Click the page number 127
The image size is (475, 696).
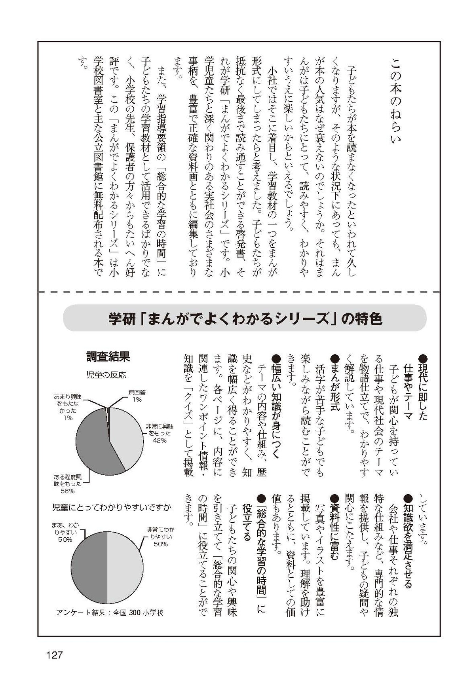[x=54, y=655]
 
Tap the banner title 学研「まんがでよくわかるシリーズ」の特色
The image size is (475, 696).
[x=245, y=318]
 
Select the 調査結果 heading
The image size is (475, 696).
[x=108, y=357]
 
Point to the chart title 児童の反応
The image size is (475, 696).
[x=106, y=375]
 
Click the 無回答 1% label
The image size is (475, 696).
[x=137, y=396]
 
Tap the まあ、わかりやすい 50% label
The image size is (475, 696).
[x=65, y=532]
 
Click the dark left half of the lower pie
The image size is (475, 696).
[x=89, y=567]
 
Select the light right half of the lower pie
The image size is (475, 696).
[x=125, y=567]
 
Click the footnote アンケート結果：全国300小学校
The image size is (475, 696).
[x=110, y=613]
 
